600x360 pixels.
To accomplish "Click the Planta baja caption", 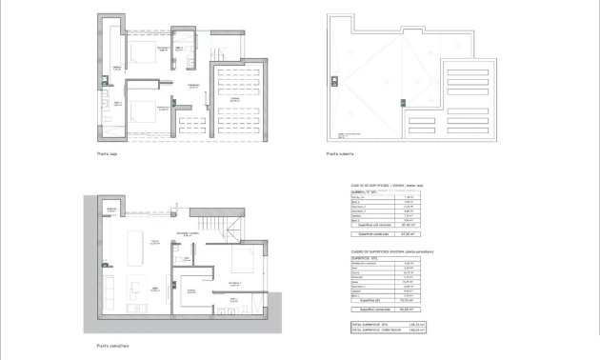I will [106, 153].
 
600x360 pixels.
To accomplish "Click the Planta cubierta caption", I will [340, 153].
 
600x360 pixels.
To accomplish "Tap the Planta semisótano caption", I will [111, 346].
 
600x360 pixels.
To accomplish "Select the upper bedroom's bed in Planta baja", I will [143, 53].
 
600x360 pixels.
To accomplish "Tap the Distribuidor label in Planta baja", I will [193, 86].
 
